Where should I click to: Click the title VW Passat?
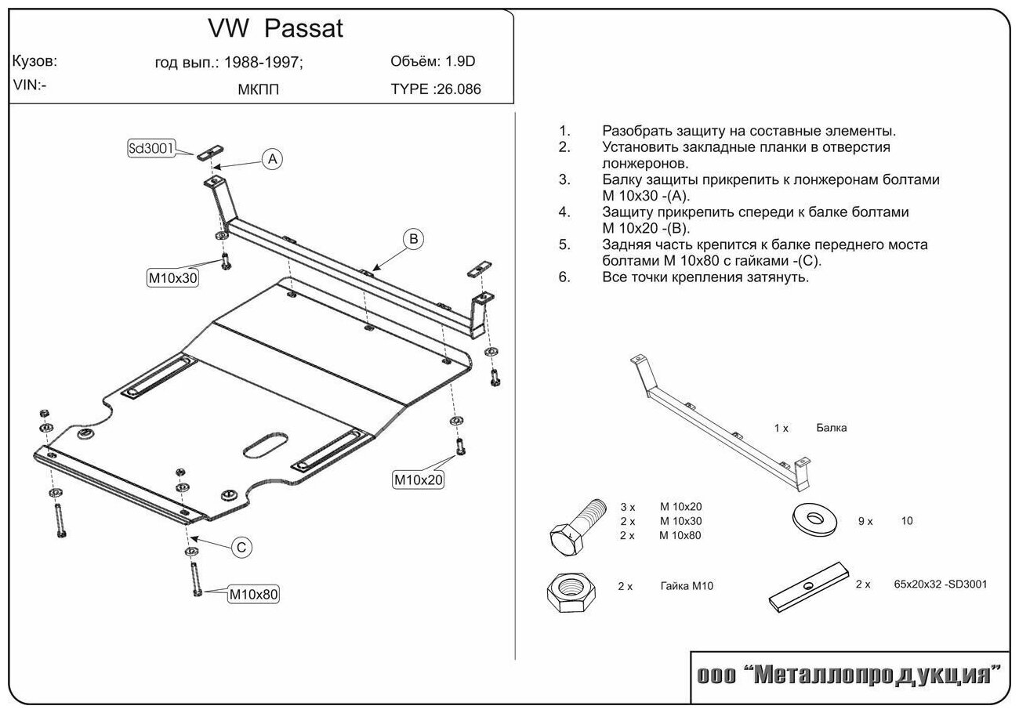tap(275, 28)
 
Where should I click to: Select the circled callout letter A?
tap(271, 159)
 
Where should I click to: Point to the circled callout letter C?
tap(241, 547)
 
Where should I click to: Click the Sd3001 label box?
tap(150, 148)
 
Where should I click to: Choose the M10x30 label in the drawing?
tap(172, 277)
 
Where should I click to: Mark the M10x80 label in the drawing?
tap(253, 594)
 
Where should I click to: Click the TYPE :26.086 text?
tap(436, 89)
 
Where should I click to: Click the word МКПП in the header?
tap(258, 89)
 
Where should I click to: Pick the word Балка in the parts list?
tap(830, 428)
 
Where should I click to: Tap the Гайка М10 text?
tap(687, 586)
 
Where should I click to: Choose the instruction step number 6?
tap(564, 277)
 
